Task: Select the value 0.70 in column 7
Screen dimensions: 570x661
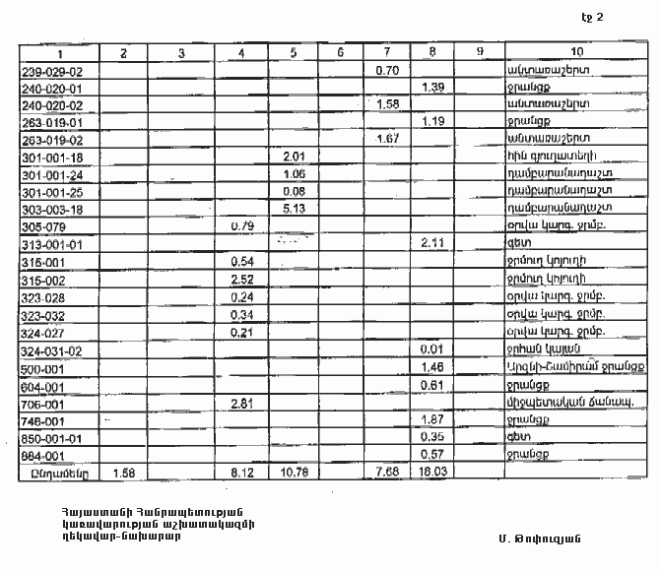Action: pyautogui.click(x=386, y=71)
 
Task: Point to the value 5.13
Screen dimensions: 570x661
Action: pyautogui.click(x=293, y=209)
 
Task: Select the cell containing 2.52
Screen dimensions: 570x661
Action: pyautogui.click(x=241, y=279)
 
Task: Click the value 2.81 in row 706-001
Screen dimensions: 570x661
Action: pyautogui.click(x=241, y=404)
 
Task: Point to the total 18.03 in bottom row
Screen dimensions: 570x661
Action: pyautogui.click(x=433, y=474)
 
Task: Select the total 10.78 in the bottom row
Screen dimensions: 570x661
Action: pyautogui.click(x=293, y=474)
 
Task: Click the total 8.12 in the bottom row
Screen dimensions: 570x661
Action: pyautogui.click(x=241, y=474)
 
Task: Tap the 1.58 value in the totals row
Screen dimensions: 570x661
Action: pyautogui.click(x=124, y=474)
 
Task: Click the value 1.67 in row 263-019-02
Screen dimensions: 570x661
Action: pyautogui.click(x=386, y=140)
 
